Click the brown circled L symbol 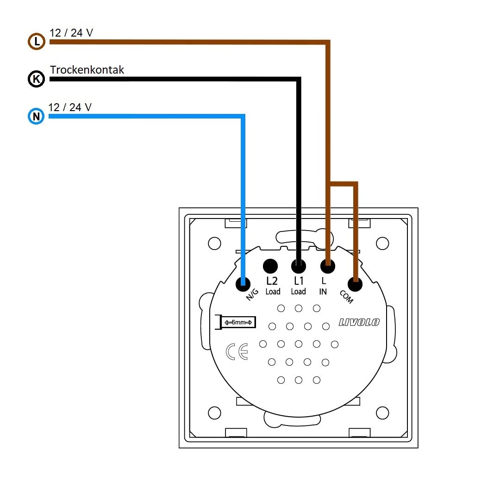tap(36, 42)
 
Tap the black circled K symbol tap(36, 79)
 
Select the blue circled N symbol tap(36, 116)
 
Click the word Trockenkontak tap(87, 70)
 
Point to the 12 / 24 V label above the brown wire tap(71, 33)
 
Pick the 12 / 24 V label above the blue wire tap(70, 107)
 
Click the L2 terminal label tap(272, 281)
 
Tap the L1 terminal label tap(299, 281)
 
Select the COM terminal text tap(346, 297)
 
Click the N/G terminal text tap(252, 295)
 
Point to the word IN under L tap(323, 292)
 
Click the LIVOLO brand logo tap(359, 322)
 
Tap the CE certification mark tap(237, 352)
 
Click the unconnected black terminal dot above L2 tap(270, 266)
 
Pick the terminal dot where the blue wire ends tap(243, 284)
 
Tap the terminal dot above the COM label tap(356, 284)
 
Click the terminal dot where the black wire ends tap(299, 266)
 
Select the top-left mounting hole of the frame tap(214, 243)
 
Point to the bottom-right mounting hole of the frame tap(382, 412)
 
